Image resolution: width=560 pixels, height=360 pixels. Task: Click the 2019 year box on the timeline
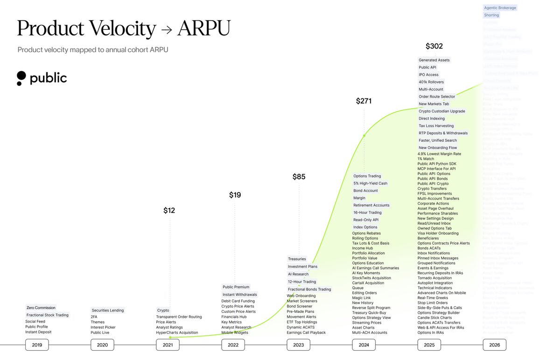(x=37, y=345)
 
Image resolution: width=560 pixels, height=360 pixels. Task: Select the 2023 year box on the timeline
(x=298, y=345)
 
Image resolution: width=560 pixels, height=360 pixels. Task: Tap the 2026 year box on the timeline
(x=494, y=345)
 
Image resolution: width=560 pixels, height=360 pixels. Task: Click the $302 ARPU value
(x=434, y=46)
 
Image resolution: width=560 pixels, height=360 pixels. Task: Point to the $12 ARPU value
(x=169, y=211)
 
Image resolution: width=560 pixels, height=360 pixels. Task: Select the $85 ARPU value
(x=299, y=177)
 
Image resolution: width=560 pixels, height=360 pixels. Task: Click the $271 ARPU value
(x=364, y=101)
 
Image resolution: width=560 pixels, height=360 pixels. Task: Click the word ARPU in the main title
(x=203, y=29)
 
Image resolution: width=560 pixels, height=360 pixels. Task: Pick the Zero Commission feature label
(x=41, y=308)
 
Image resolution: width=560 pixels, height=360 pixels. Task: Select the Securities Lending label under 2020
(x=108, y=311)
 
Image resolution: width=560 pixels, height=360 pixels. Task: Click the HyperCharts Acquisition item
(x=177, y=332)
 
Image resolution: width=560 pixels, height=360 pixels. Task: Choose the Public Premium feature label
(x=236, y=287)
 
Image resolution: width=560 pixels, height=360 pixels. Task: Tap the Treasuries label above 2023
(x=297, y=259)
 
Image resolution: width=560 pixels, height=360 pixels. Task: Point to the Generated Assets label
(x=434, y=60)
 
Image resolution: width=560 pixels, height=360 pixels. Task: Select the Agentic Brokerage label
(x=500, y=8)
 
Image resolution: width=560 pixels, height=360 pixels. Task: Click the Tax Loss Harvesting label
(x=436, y=126)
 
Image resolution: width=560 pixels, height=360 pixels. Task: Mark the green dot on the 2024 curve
(x=364, y=136)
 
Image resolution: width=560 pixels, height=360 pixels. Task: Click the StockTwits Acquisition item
(x=371, y=278)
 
